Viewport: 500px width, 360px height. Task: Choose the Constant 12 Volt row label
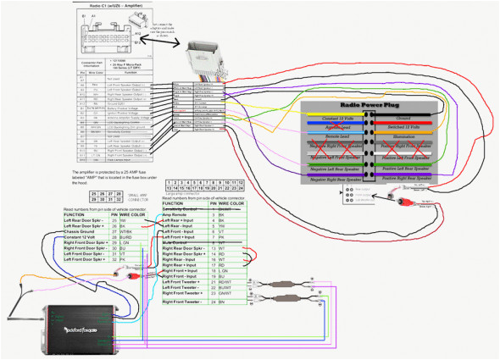(84, 239)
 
